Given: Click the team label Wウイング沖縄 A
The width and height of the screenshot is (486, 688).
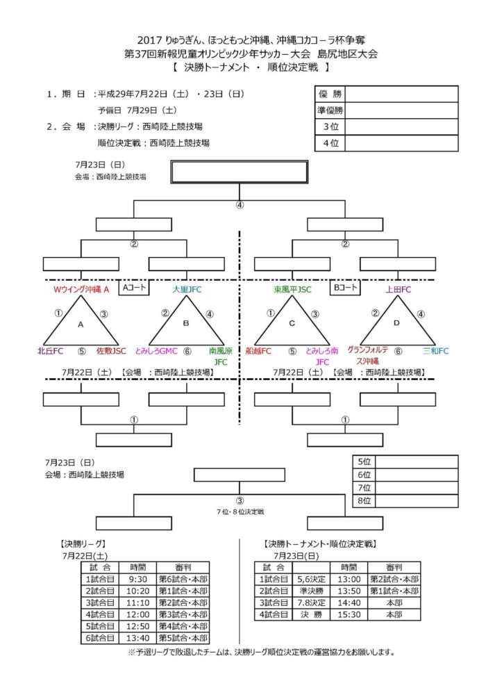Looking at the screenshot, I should click(82, 289).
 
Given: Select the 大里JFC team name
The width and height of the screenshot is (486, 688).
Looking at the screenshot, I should click(187, 289).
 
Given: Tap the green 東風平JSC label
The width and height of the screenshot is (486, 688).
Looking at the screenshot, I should click(292, 289).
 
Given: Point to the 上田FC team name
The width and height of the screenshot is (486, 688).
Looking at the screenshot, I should click(399, 289).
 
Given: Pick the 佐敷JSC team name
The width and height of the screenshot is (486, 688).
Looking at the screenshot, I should click(112, 352).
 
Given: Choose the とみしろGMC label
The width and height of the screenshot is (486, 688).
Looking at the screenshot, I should click(157, 352).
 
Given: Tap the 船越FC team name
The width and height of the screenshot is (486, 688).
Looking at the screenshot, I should click(258, 352).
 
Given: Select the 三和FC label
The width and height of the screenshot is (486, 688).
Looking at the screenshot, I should click(436, 352).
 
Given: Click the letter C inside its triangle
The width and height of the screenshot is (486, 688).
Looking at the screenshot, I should click(292, 324).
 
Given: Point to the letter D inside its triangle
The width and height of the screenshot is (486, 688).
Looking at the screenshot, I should click(398, 324).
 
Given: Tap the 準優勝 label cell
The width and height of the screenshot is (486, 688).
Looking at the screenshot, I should click(330, 110).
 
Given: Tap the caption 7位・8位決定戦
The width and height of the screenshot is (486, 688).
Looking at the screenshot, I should click(240, 511).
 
